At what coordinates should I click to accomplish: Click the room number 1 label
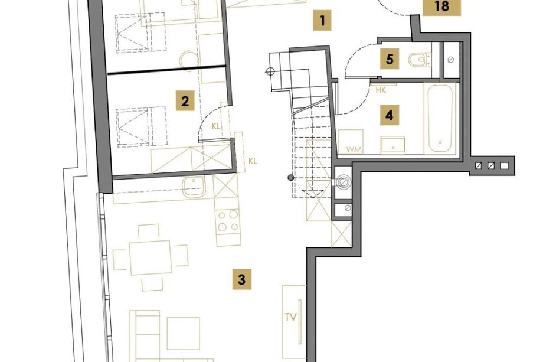coord(322,21)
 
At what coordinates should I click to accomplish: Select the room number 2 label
coord(185,101)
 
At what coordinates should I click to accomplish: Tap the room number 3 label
coord(242,279)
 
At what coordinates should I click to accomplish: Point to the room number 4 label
coord(390,115)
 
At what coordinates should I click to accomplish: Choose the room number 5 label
coord(390,59)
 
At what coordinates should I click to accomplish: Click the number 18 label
coord(441,6)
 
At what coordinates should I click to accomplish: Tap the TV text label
coord(291,317)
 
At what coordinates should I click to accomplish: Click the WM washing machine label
coord(354,149)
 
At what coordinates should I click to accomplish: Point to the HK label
coord(381,91)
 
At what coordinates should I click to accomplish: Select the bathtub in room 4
coord(440,119)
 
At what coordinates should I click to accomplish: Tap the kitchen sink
coord(194,187)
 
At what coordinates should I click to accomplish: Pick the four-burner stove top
coord(228,221)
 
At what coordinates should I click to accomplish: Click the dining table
coord(151,257)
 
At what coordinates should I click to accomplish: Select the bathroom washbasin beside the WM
coord(392,145)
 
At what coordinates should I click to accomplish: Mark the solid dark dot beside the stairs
coord(291,178)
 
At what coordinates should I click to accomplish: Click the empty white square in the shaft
coord(504,166)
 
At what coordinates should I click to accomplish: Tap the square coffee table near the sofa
coord(183,333)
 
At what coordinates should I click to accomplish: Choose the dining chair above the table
coord(149,231)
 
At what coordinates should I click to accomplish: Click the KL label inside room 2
coord(216,126)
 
